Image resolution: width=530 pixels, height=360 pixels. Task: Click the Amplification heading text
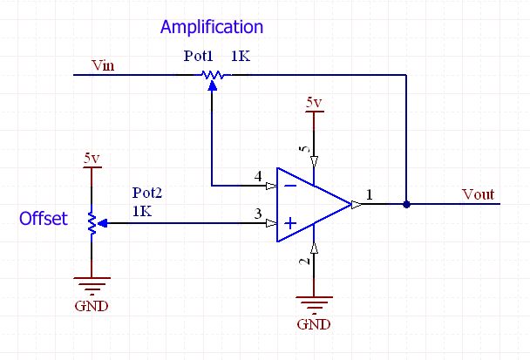211,27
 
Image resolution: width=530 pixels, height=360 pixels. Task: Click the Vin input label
104,65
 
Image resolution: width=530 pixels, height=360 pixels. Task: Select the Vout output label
479,194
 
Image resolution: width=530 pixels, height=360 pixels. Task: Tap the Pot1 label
198,56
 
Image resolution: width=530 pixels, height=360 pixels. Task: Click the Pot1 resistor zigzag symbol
212,76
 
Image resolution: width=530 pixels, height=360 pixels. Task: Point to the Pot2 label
146,192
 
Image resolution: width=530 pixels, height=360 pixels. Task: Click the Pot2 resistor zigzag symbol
92,223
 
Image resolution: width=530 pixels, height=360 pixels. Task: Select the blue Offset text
44,220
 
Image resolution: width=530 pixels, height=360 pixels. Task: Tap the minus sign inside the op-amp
289,185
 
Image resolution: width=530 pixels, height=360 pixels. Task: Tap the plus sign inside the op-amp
289,224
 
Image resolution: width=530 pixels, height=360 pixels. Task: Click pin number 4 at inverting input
257,176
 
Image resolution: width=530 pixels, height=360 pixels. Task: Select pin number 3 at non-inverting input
257,214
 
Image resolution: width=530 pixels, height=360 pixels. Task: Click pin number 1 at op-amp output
370,196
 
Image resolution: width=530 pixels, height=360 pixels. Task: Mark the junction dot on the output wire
406,206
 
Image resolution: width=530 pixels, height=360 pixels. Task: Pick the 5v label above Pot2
92,159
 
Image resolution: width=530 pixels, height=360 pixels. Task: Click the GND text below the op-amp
314,324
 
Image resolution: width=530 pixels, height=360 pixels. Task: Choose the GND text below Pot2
92,306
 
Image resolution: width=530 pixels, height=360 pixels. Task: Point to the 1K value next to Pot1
241,56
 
